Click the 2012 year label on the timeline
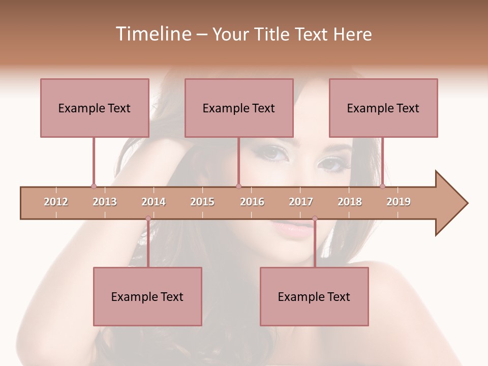click(x=56, y=202)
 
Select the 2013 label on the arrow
click(x=105, y=202)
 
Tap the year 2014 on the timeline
click(x=154, y=202)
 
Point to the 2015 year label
click(x=202, y=202)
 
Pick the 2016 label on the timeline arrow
click(x=252, y=202)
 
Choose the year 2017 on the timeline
click(x=301, y=202)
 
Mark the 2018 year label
click(x=350, y=202)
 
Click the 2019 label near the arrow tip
click(x=399, y=202)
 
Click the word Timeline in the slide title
click(x=152, y=34)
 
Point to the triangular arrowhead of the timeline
click(x=450, y=203)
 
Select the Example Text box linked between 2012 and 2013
click(x=95, y=108)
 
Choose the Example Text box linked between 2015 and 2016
click(x=239, y=108)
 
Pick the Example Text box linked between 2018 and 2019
click(x=383, y=108)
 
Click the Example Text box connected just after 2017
click(x=314, y=296)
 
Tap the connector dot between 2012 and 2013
click(x=94, y=186)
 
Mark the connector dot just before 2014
click(x=148, y=219)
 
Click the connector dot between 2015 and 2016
click(x=238, y=186)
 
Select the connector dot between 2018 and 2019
click(x=382, y=186)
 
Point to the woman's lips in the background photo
click(x=293, y=227)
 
